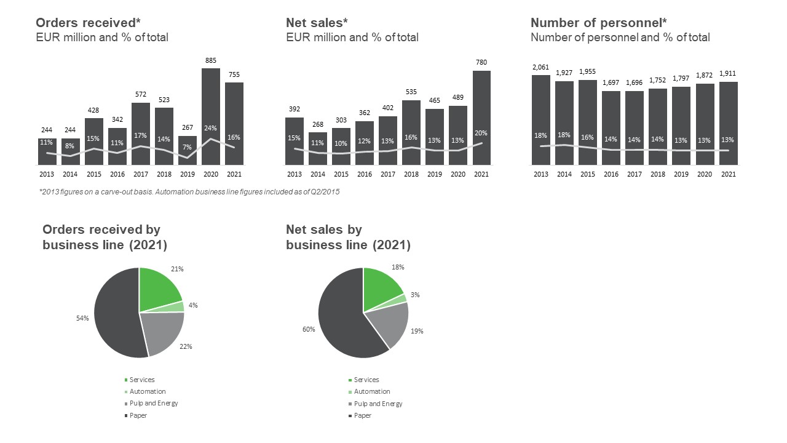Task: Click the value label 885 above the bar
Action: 211,60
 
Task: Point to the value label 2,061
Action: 540,68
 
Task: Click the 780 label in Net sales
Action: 481,63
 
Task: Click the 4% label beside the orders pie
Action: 193,305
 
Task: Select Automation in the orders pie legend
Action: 147,391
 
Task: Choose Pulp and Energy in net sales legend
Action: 378,404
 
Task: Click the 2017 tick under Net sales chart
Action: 388,174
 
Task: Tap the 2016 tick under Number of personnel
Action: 611,174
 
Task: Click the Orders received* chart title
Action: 85,23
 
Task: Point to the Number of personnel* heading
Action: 599,23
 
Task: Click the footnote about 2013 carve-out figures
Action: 189,192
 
